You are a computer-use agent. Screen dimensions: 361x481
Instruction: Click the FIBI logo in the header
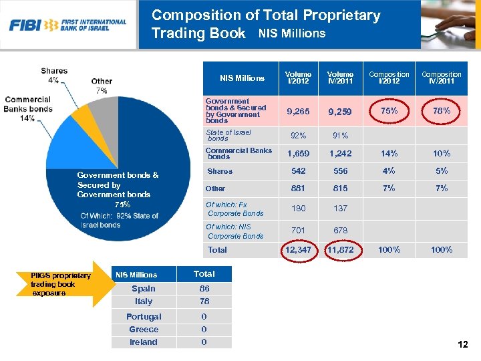click(x=67, y=25)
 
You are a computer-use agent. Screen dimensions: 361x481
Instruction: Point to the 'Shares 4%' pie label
click(x=54, y=75)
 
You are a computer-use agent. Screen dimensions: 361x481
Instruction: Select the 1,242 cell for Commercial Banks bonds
click(x=340, y=154)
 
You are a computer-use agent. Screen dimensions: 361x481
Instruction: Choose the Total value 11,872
click(x=340, y=250)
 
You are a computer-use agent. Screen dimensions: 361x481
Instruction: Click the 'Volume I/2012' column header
click(x=298, y=78)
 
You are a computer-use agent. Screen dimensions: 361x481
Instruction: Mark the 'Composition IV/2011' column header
click(x=441, y=78)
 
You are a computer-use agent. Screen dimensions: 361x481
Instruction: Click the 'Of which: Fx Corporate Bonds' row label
click(x=235, y=209)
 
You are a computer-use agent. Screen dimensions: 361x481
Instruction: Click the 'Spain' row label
click(x=144, y=289)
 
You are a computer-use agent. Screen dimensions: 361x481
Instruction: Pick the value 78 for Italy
click(x=204, y=302)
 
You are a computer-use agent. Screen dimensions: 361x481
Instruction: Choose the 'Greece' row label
click(x=144, y=330)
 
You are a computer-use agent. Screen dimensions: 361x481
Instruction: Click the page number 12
click(x=462, y=345)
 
